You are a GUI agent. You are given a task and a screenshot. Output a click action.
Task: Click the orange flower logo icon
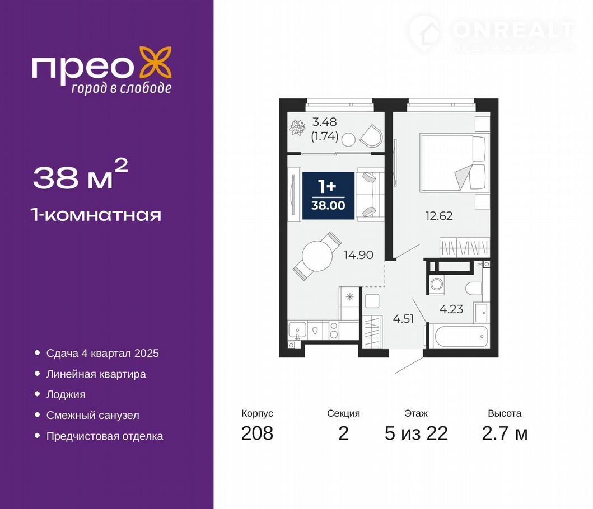click(x=156, y=62)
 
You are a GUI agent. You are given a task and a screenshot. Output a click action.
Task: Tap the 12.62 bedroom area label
click(x=438, y=216)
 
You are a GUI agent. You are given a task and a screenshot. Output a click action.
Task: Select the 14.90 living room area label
click(x=358, y=254)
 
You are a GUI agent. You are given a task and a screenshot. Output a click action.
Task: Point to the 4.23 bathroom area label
click(x=451, y=309)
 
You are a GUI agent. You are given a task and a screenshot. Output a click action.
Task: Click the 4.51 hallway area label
click(x=403, y=319)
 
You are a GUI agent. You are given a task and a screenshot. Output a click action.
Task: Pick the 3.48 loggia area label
click(x=324, y=122)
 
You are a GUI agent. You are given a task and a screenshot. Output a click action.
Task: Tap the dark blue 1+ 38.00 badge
click(x=328, y=196)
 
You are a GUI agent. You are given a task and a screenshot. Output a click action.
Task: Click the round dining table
click(x=317, y=256)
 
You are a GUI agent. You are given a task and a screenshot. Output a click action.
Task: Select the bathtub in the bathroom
click(x=461, y=335)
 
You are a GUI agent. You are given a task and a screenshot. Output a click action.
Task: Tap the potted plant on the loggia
click(x=297, y=128)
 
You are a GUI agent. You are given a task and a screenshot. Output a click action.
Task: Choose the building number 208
click(x=257, y=433)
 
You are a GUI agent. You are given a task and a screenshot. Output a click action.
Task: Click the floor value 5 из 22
click(x=416, y=433)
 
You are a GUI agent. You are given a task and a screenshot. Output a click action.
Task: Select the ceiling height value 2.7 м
click(x=505, y=433)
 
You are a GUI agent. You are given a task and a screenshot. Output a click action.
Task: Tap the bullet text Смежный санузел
click(x=92, y=415)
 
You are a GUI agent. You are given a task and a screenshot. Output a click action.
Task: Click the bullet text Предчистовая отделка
click(x=105, y=436)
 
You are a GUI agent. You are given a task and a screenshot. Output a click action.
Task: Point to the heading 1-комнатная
click(x=97, y=215)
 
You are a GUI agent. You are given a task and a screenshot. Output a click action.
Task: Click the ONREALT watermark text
click(x=513, y=30)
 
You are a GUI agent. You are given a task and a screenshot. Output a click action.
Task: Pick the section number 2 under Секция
click(x=343, y=433)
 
